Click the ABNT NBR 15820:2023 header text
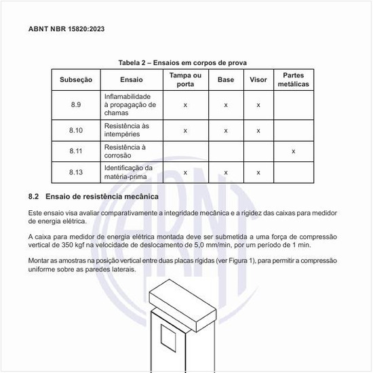[x=66, y=30]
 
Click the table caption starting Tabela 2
[x=186, y=62]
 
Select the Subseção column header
[x=76, y=80]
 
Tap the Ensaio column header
[x=132, y=80]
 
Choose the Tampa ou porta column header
[x=185, y=80]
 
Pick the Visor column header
[x=258, y=80]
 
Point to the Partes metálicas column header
[x=293, y=80]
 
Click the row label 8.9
[x=76, y=105]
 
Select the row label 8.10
[x=76, y=130]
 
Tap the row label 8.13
[x=76, y=172]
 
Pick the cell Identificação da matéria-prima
[x=128, y=172]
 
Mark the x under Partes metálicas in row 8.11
[x=293, y=151]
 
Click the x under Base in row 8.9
[x=226, y=105]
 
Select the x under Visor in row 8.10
[x=258, y=130]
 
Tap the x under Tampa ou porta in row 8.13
[x=185, y=172]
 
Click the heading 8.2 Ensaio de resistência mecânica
[x=94, y=197]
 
